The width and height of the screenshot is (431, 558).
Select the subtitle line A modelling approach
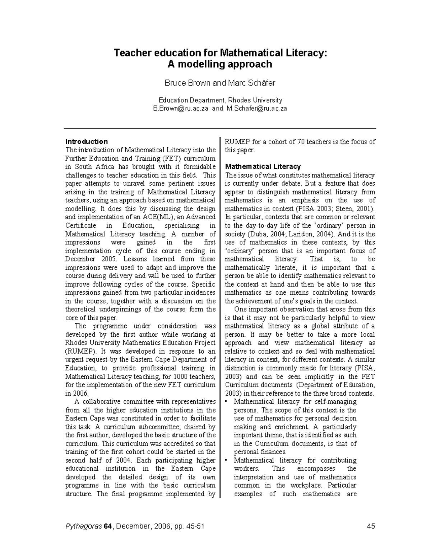[220, 64]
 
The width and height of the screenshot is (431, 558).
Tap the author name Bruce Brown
[187, 83]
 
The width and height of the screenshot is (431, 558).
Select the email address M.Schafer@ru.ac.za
[256, 109]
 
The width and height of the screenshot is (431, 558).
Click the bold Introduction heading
[86, 142]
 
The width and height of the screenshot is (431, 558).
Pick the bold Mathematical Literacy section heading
[263, 167]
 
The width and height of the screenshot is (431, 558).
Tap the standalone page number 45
[371, 526]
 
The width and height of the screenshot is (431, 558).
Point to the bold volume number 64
[107, 526]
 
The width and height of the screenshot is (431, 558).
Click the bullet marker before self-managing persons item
[227, 402]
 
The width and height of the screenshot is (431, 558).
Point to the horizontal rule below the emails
[220, 128]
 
